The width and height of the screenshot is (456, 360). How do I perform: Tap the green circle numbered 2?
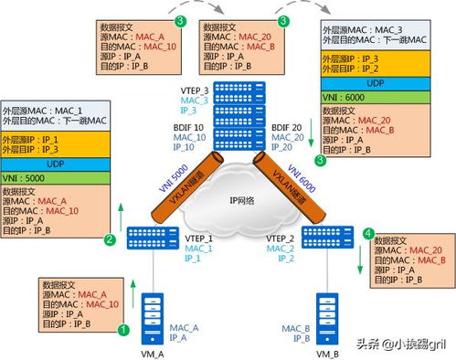tap(110, 241)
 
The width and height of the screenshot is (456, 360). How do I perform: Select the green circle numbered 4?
tap(368, 234)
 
